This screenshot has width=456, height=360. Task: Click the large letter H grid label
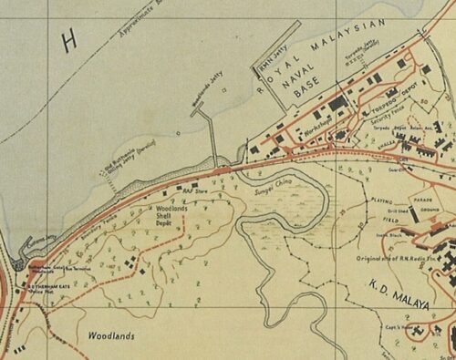tap(67, 39)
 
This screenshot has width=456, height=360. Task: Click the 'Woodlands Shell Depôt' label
tap(165, 215)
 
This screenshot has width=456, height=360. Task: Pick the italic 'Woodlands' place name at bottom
tap(111, 335)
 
